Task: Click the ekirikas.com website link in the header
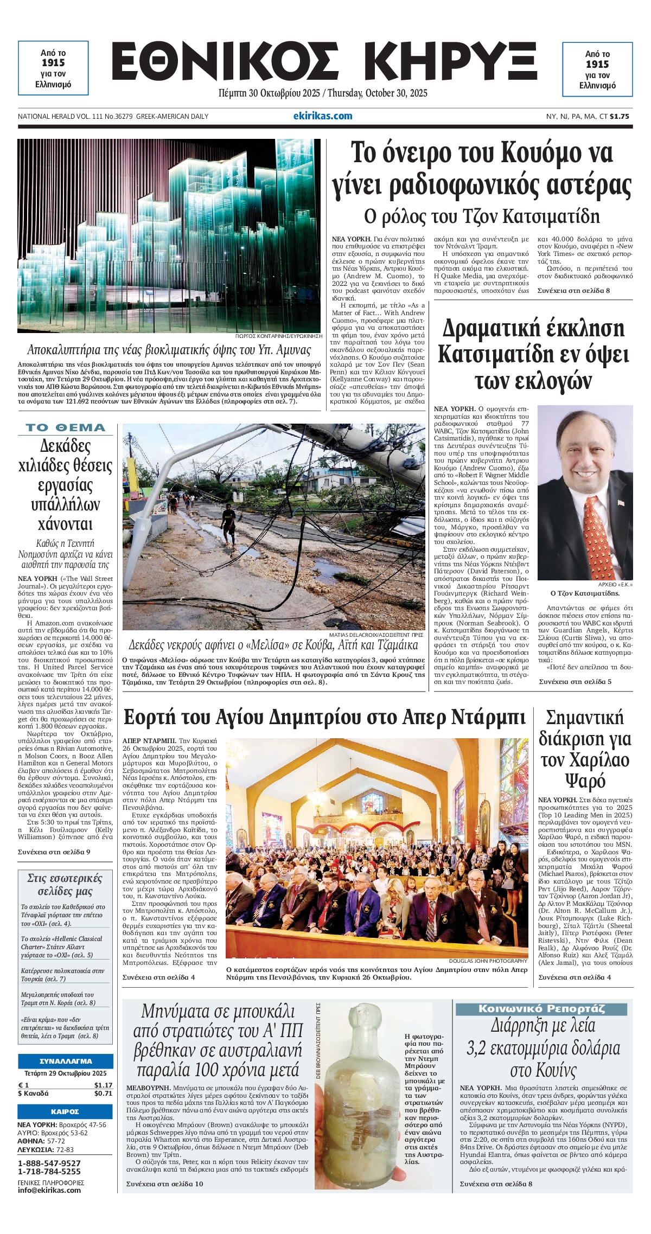pyautogui.click(x=322, y=116)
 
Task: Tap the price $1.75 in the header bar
pyautogui.click(x=619, y=116)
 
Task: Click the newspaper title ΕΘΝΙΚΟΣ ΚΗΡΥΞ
pyautogui.click(x=324, y=63)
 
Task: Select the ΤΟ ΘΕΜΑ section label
pyautogui.click(x=66, y=427)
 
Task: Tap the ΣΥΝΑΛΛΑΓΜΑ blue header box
pyautogui.click(x=66, y=1061)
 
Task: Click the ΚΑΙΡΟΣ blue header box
pyautogui.click(x=66, y=1111)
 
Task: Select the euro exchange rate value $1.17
pyautogui.click(x=103, y=1085)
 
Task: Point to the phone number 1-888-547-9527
pyautogui.click(x=49, y=1163)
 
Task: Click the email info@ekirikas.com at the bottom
pyautogui.click(x=49, y=1190)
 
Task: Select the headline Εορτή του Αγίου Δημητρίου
pyautogui.click(x=324, y=717)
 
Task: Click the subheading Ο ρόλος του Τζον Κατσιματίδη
pyautogui.click(x=482, y=216)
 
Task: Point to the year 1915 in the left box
pyautogui.click(x=53, y=63)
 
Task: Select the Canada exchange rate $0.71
pyautogui.click(x=103, y=1093)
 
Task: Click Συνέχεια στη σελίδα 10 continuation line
pyautogui.click(x=165, y=1184)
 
